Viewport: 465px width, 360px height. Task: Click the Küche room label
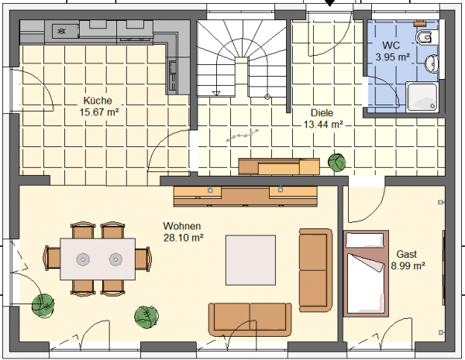98,101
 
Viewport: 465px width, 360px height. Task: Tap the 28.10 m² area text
183,238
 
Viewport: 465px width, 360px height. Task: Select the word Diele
322,113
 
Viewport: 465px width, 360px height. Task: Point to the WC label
391,46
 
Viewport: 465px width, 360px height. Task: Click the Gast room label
407,254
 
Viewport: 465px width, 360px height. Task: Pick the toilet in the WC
427,37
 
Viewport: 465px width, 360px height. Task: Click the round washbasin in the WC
432,63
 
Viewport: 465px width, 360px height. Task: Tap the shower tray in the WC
422,97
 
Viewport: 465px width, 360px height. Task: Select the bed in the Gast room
366,273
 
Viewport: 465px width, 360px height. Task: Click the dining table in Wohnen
98,259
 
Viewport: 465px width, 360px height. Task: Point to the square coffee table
250,260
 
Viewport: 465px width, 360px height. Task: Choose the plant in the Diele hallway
337,163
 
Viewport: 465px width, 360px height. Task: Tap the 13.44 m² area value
323,125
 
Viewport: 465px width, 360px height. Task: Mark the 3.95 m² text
393,57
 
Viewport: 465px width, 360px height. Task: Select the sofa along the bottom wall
250,320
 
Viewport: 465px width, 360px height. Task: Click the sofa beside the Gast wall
315,270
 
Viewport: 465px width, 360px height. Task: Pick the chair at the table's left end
53,258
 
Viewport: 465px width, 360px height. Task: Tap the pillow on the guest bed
365,240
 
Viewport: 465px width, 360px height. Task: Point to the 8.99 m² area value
408,266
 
